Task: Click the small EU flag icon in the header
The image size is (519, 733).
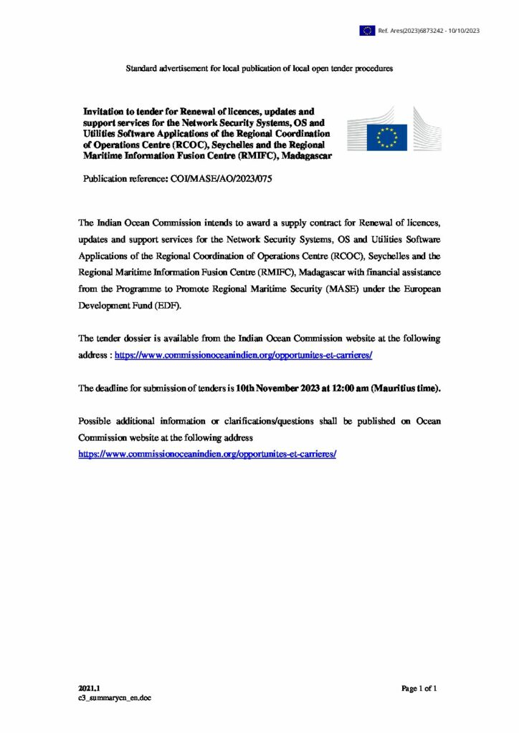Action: [367, 30]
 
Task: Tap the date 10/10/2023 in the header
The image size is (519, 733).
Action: [464, 30]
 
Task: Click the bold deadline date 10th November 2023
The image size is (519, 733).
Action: [277, 388]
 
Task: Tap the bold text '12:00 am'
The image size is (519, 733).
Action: [348, 388]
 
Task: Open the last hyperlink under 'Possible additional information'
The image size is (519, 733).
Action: [207, 455]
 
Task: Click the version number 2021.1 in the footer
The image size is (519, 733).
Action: [89, 688]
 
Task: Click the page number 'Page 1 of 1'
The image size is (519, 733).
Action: [419, 689]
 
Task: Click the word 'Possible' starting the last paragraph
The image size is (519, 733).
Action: [97, 422]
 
